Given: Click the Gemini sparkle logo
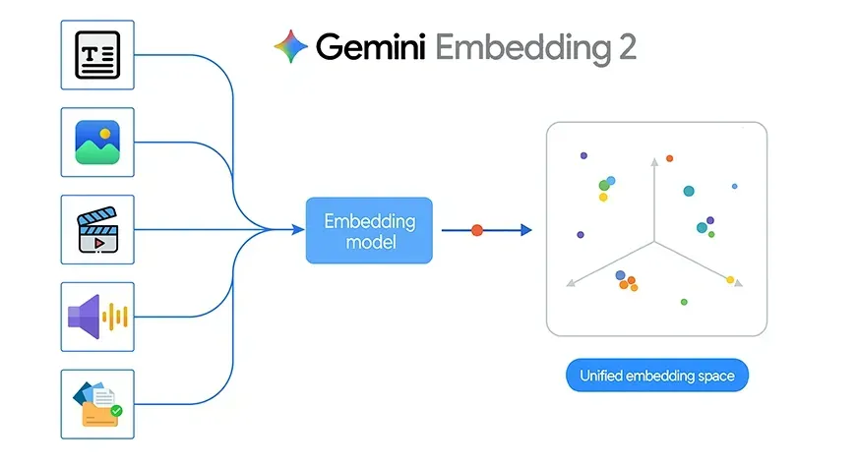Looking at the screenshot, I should coord(290,45).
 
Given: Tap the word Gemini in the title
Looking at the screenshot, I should coord(370,46).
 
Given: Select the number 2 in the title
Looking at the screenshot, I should coord(626,46).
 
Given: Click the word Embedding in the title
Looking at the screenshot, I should coord(519,47).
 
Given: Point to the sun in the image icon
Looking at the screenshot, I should coord(105,132).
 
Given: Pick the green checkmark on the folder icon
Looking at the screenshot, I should coord(116,411).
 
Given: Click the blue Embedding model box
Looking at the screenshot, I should coord(369,230).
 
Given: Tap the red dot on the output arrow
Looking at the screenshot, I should coord(477,230).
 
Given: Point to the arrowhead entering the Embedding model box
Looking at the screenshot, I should coord(298,230).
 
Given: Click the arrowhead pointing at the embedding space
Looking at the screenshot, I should coord(526,230).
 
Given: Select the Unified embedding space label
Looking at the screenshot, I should coord(656,377).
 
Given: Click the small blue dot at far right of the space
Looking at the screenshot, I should coord(734,186).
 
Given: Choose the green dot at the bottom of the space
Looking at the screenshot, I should coord(684,302).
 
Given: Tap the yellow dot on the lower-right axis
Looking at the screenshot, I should coord(730,280).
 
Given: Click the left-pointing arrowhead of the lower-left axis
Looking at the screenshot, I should coord(570,284).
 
